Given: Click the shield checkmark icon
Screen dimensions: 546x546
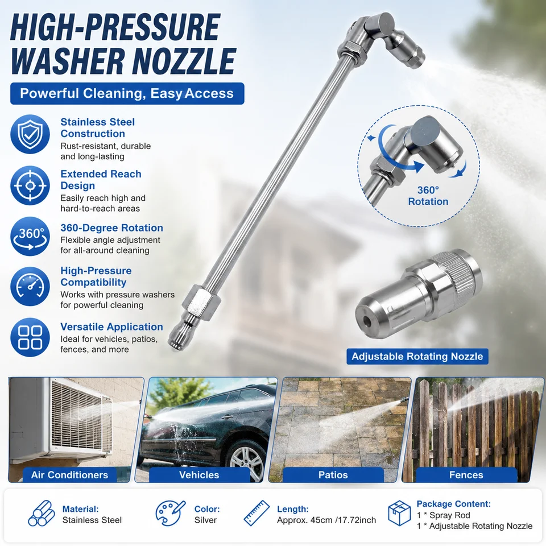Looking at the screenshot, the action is click(x=30, y=134).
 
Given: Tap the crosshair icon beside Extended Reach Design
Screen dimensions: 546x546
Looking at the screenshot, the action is click(x=30, y=185).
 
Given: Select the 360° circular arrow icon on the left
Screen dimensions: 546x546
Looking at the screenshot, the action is click(x=30, y=237).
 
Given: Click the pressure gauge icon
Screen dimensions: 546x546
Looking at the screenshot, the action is click(x=30, y=287).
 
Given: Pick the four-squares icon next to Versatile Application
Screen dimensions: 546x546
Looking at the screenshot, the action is click(x=30, y=337).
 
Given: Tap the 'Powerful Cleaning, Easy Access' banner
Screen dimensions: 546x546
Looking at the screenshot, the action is click(x=127, y=93).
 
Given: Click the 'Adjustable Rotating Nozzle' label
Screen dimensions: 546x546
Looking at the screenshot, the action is click(x=417, y=357).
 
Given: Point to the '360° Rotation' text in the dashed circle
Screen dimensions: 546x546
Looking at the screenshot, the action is click(x=428, y=196).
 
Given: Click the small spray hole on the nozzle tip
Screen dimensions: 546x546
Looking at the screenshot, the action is click(x=367, y=320).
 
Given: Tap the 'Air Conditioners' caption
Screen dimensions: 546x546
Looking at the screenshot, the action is click(x=69, y=475).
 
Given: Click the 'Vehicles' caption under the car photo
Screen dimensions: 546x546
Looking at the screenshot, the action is click(x=199, y=475).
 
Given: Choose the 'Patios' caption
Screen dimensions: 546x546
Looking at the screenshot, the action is click(x=333, y=475).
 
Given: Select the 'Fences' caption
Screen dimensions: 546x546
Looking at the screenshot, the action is click(x=466, y=475).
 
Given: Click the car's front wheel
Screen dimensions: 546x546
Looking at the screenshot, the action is click(x=247, y=459).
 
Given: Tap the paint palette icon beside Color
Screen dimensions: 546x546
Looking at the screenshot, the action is click(x=170, y=513).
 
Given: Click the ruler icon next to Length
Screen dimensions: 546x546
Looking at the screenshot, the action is click(x=257, y=513).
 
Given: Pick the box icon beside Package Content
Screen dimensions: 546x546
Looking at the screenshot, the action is click(x=399, y=513).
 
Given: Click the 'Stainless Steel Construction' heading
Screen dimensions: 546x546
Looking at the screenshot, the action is click(x=97, y=128).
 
